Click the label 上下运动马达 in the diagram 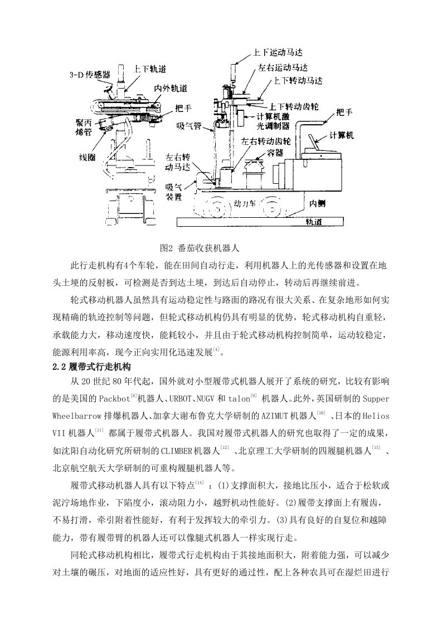278,52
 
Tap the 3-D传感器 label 90,75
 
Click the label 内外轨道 171,88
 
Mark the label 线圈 88,158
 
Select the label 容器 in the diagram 275,153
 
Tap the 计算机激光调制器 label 273,121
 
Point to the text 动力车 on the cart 245,204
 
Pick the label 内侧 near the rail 317,203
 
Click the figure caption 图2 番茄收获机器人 199,247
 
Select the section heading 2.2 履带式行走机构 91,366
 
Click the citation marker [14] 200,484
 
